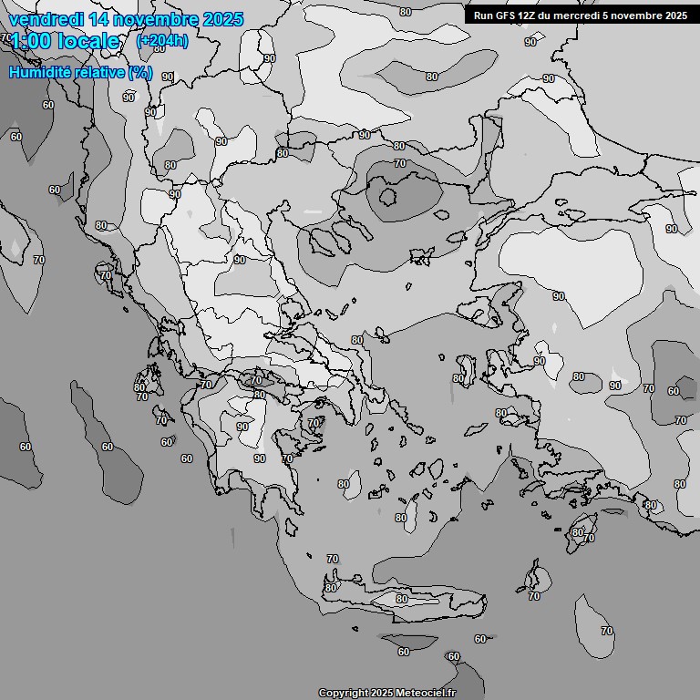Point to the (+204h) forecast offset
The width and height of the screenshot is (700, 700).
(162, 41)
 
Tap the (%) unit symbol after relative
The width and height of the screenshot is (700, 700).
(140, 72)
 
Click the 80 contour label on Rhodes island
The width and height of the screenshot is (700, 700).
(577, 532)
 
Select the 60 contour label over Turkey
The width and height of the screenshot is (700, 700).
(674, 391)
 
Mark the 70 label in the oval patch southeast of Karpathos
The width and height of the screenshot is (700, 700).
(607, 631)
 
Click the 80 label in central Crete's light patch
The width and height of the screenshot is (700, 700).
(402, 599)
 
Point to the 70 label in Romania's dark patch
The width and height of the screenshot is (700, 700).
(399, 163)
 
